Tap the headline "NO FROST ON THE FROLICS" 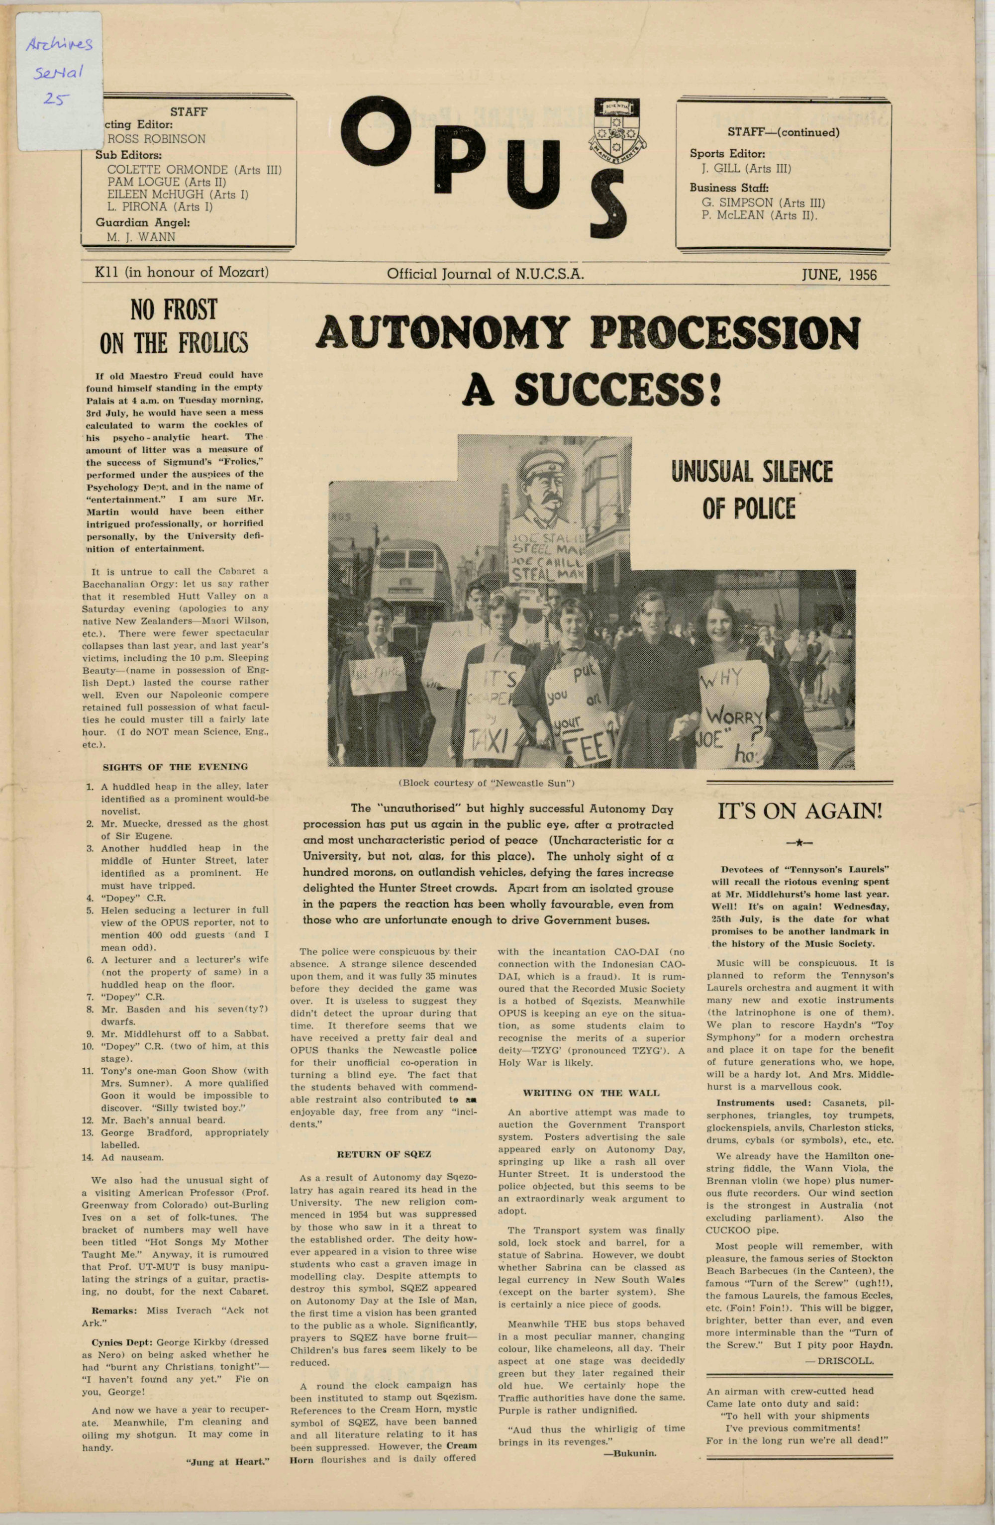[x=174, y=327]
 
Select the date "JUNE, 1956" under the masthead [x=839, y=274]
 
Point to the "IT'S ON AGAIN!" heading [x=799, y=811]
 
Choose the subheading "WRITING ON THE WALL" [x=591, y=1093]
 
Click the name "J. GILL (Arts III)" [x=746, y=169]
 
